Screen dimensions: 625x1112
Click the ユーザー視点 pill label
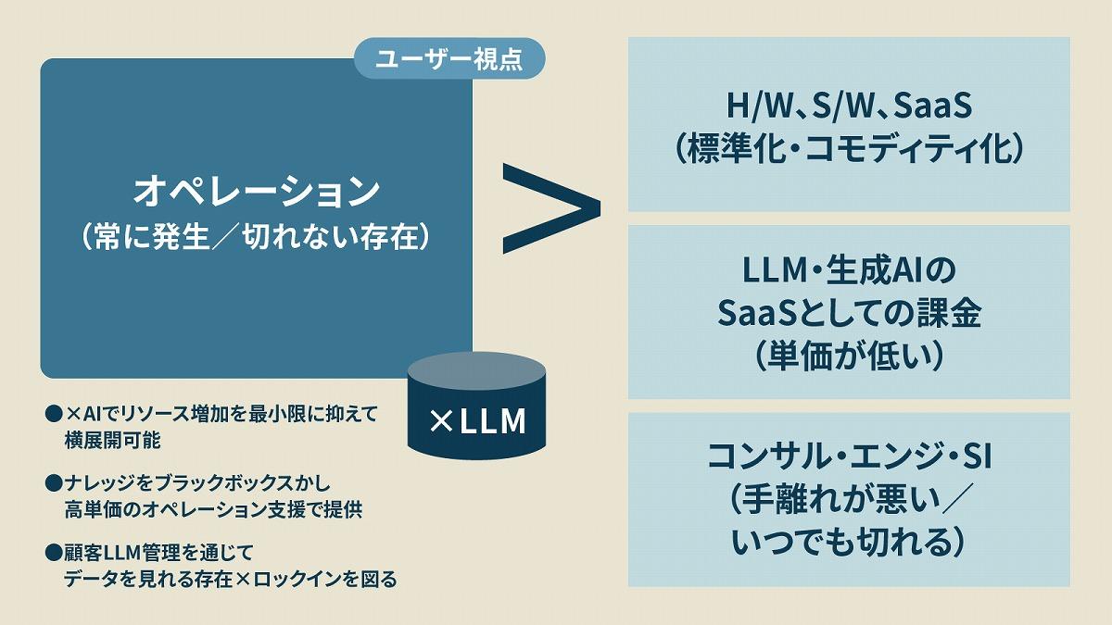tap(449, 59)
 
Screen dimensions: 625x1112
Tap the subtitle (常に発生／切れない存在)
tap(257, 238)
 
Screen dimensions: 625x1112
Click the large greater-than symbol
tap(550, 207)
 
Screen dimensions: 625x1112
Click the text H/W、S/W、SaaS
tap(849, 106)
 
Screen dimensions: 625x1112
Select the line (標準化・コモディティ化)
tap(849, 149)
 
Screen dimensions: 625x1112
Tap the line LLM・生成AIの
tap(849, 271)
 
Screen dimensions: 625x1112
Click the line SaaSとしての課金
tap(849, 313)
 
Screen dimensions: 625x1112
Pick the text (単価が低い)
tap(849, 356)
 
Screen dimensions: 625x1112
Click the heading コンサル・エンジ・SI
tap(849, 456)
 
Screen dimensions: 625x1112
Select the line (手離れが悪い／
tap(849, 499)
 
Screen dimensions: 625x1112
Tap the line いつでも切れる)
tap(849, 542)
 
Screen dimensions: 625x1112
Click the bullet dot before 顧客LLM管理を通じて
tap(53, 554)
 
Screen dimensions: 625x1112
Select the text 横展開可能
tap(113, 440)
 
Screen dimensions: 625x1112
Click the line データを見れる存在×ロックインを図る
tap(231, 580)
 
